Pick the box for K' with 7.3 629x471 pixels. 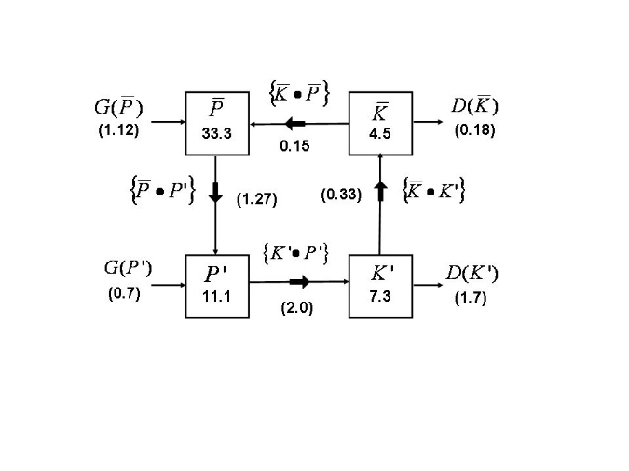pos(380,286)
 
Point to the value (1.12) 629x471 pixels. pos(118,131)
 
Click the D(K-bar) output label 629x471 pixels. pos(474,105)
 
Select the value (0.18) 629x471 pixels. pos(473,131)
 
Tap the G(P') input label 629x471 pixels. pos(127,270)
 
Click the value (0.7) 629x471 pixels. pos(124,296)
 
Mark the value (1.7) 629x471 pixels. pos(471,299)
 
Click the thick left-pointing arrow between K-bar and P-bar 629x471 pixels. pos(295,123)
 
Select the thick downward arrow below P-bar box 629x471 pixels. pos(215,194)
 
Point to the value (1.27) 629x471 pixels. pos(256,197)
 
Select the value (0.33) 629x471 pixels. pos(339,195)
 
